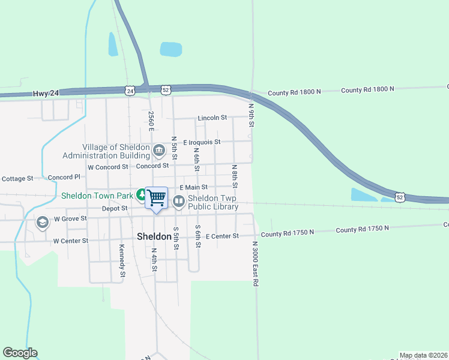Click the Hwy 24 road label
(x=46, y=93)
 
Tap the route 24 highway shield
(x=130, y=91)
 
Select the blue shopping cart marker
(x=156, y=198)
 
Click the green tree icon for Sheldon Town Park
(x=140, y=194)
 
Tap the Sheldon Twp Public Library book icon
(x=178, y=202)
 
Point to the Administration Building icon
(x=158, y=150)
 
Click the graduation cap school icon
(x=42, y=223)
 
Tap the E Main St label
(x=193, y=187)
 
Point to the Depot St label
(x=115, y=208)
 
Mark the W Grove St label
(x=71, y=220)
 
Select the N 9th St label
(x=252, y=113)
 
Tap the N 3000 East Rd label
(x=255, y=265)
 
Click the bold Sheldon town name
(x=155, y=236)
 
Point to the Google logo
(x=20, y=353)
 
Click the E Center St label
(x=222, y=236)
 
